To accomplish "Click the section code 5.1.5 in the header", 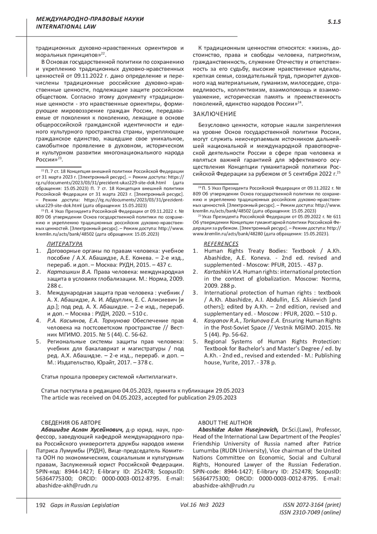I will tap(334, 22).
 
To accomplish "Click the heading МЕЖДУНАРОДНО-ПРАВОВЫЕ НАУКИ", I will tap(90, 19).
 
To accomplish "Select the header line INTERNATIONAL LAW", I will tap(66, 26).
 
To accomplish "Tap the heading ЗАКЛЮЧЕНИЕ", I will tap(215, 114).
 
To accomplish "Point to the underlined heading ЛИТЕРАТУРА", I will tap(65, 244).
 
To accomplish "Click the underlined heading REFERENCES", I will tap(221, 244).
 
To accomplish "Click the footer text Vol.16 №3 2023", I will tap(202, 505).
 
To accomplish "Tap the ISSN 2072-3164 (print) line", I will tap(312, 505).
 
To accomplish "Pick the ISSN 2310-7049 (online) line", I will tap(310, 513).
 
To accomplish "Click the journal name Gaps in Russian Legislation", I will tap(83, 505).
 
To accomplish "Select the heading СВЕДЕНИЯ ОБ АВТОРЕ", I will tap(71, 423).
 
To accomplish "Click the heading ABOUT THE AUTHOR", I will tap(225, 423).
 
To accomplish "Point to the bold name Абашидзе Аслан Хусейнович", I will tap(82, 430).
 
